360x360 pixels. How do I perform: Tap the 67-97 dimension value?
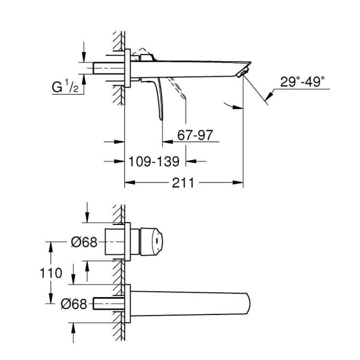[194, 137]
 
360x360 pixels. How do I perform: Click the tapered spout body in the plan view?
[192, 304]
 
